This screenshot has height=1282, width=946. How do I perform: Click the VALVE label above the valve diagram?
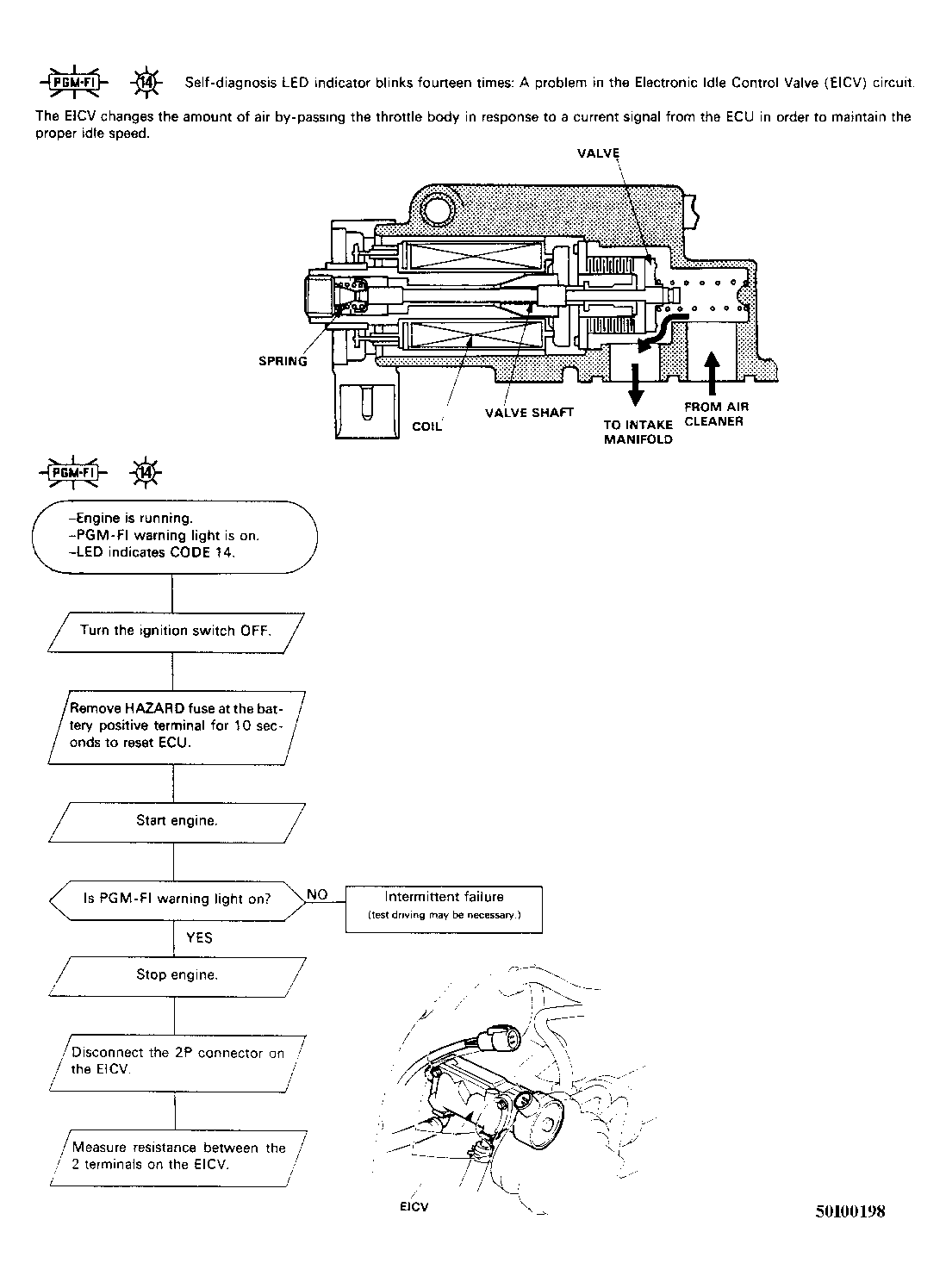click(598, 153)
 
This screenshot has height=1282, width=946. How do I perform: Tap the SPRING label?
click(283, 361)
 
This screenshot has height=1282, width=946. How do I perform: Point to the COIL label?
click(426, 426)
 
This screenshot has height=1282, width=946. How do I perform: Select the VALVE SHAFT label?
click(529, 413)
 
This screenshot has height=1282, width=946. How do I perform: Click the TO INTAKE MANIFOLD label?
click(638, 432)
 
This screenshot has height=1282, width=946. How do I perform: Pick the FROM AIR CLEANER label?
click(717, 414)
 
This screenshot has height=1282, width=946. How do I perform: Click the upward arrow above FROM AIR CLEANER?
click(713, 374)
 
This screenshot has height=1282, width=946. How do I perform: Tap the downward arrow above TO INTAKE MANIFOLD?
click(636, 384)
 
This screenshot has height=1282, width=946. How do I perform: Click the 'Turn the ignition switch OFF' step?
click(176, 633)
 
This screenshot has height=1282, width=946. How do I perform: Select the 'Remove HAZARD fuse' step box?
click(177, 727)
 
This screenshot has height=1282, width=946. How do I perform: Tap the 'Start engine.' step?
click(177, 823)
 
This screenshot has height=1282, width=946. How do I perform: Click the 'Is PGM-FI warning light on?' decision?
click(177, 900)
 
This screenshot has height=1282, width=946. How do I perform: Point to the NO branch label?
click(317, 894)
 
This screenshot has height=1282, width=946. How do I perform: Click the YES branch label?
click(200, 937)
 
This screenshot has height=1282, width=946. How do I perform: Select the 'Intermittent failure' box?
click(444, 909)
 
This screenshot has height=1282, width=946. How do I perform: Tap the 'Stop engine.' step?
click(177, 977)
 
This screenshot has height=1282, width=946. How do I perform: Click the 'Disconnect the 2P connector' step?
click(177, 1063)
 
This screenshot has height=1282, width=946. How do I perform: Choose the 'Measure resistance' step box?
click(178, 1158)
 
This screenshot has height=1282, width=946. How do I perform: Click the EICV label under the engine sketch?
click(414, 1207)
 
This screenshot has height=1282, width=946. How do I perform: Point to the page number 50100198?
click(850, 1211)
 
